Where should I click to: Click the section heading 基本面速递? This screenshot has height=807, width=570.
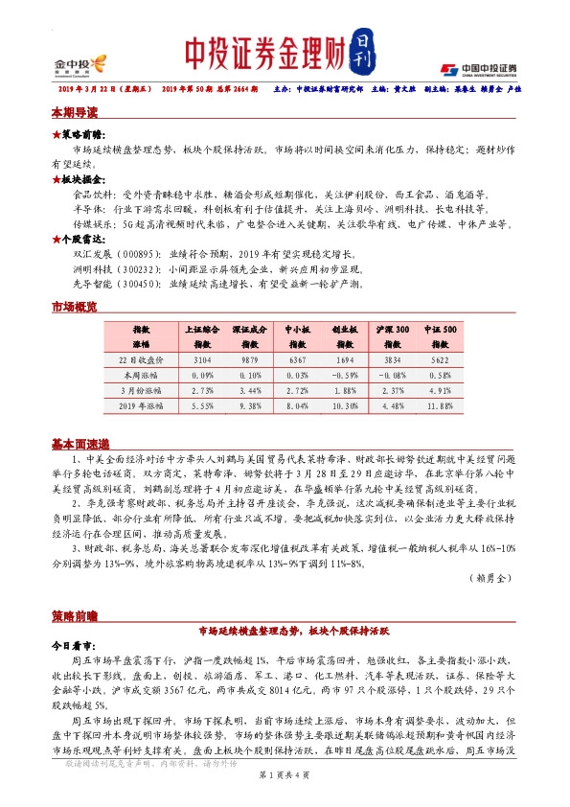(x=80, y=444)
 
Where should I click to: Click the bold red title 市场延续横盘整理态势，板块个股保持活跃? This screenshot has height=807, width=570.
(x=285, y=631)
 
